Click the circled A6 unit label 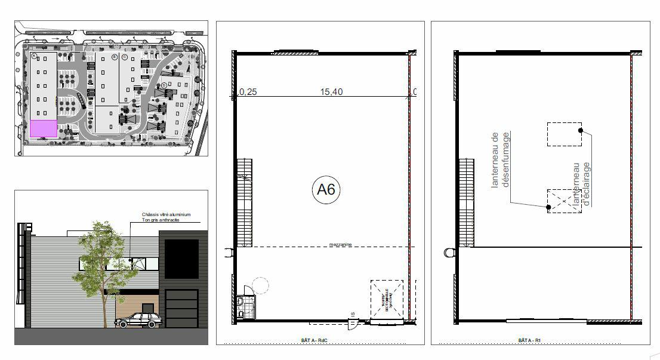[326, 190]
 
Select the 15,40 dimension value [332, 92]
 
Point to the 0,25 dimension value [248, 92]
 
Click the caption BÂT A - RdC [315, 340]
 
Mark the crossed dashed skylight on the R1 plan [564, 201]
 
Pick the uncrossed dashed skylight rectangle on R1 [564, 134]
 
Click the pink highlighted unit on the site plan [44, 128]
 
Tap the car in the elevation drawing [139, 321]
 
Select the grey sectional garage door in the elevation [181, 307]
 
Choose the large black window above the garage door [181, 258]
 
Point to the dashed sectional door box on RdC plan [386, 299]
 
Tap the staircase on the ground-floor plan [245, 203]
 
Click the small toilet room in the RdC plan [245, 307]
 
